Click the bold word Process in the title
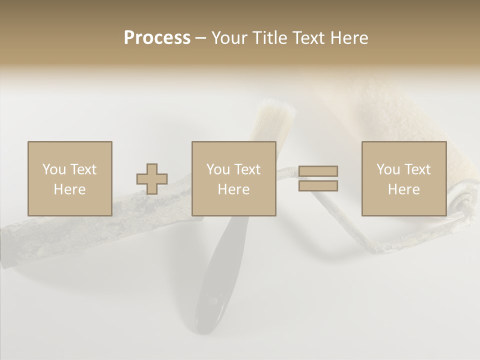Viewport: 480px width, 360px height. pos(157,38)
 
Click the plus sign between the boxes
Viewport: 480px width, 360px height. pos(152,178)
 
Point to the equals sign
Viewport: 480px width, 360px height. pos(318,178)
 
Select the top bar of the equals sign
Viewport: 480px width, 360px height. pos(318,171)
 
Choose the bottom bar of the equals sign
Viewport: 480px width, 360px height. pos(318,186)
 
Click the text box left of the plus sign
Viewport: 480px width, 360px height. pos(69,178)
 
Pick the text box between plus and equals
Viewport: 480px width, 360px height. pos(233,178)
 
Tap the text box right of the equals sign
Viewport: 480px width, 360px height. pos(403,178)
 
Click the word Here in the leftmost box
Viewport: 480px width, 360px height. pos(69,189)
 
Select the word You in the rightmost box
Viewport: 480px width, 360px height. pos(388,169)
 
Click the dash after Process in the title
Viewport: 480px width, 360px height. pos(201,38)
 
